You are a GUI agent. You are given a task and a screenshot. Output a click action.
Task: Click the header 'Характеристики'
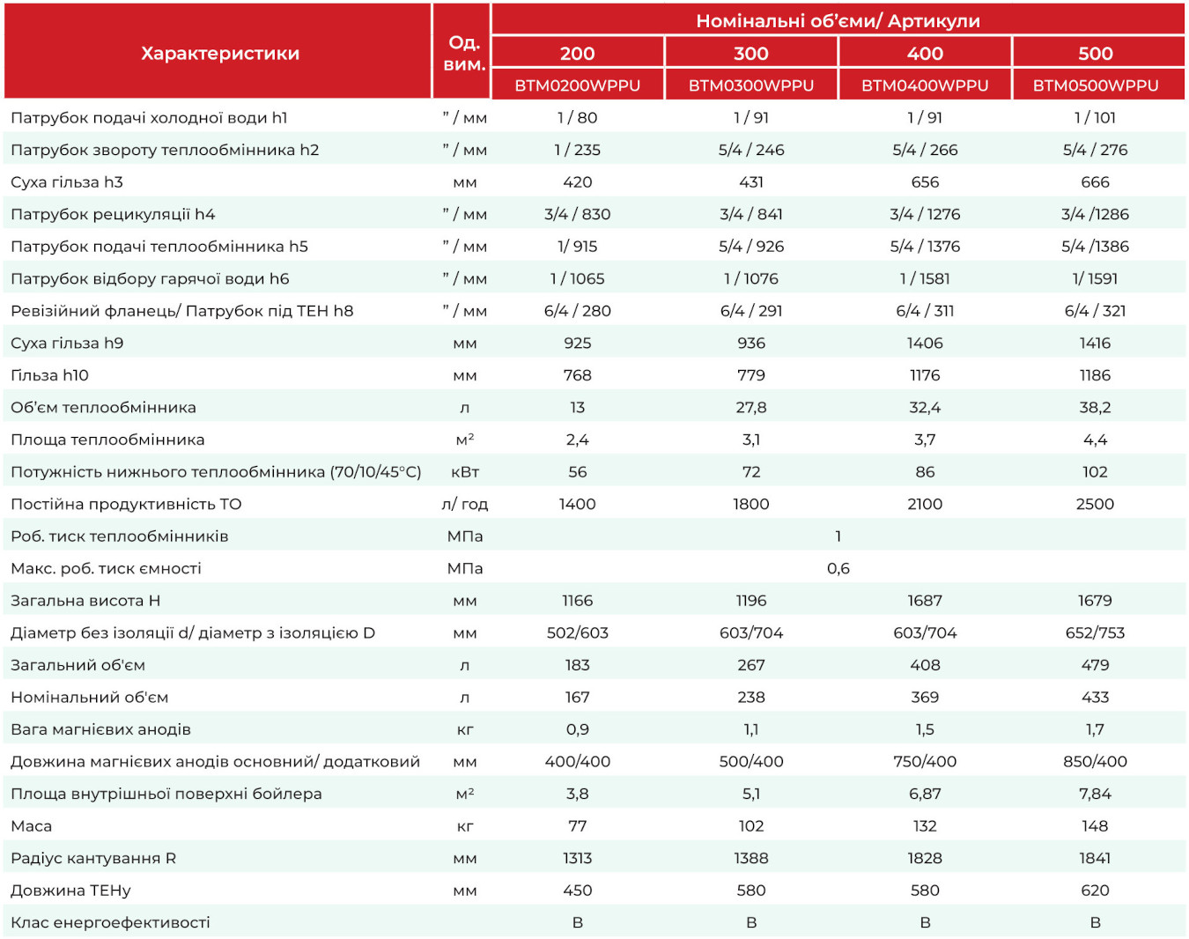point(220,53)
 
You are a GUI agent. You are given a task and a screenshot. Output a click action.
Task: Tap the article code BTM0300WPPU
point(751,85)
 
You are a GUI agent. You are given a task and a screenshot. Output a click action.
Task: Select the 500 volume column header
point(1095,53)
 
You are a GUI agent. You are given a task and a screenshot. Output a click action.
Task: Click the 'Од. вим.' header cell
point(464,53)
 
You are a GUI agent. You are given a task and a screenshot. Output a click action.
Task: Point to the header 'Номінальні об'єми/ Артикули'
point(838,21)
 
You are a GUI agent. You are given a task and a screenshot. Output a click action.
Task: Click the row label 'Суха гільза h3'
point(67,181)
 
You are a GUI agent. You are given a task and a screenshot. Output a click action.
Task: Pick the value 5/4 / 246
point(751,150)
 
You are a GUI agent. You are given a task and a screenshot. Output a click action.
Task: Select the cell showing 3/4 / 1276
point(925,214)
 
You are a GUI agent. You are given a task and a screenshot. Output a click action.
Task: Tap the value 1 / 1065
point(578,278)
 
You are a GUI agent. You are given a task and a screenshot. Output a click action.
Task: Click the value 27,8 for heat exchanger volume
point(751,407)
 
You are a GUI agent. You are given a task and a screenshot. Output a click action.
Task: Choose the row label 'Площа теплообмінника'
point(107,440)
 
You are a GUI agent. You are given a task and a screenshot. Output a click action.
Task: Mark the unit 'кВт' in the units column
point(465,472)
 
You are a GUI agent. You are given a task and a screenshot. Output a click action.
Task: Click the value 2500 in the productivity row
point(1095,504)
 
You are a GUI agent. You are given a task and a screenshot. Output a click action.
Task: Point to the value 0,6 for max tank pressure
point(838,568)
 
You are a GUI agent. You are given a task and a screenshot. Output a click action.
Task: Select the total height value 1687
point(925,600)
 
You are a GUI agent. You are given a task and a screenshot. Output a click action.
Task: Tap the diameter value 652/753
point(1095,632)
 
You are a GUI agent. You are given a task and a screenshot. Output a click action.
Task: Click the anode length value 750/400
point(925,761)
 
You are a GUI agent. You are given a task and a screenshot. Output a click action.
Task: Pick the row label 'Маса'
point(32,825)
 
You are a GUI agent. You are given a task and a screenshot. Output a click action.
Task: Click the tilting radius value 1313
point(578,858)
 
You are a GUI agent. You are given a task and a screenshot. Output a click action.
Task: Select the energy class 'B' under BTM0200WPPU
point(578,922)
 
